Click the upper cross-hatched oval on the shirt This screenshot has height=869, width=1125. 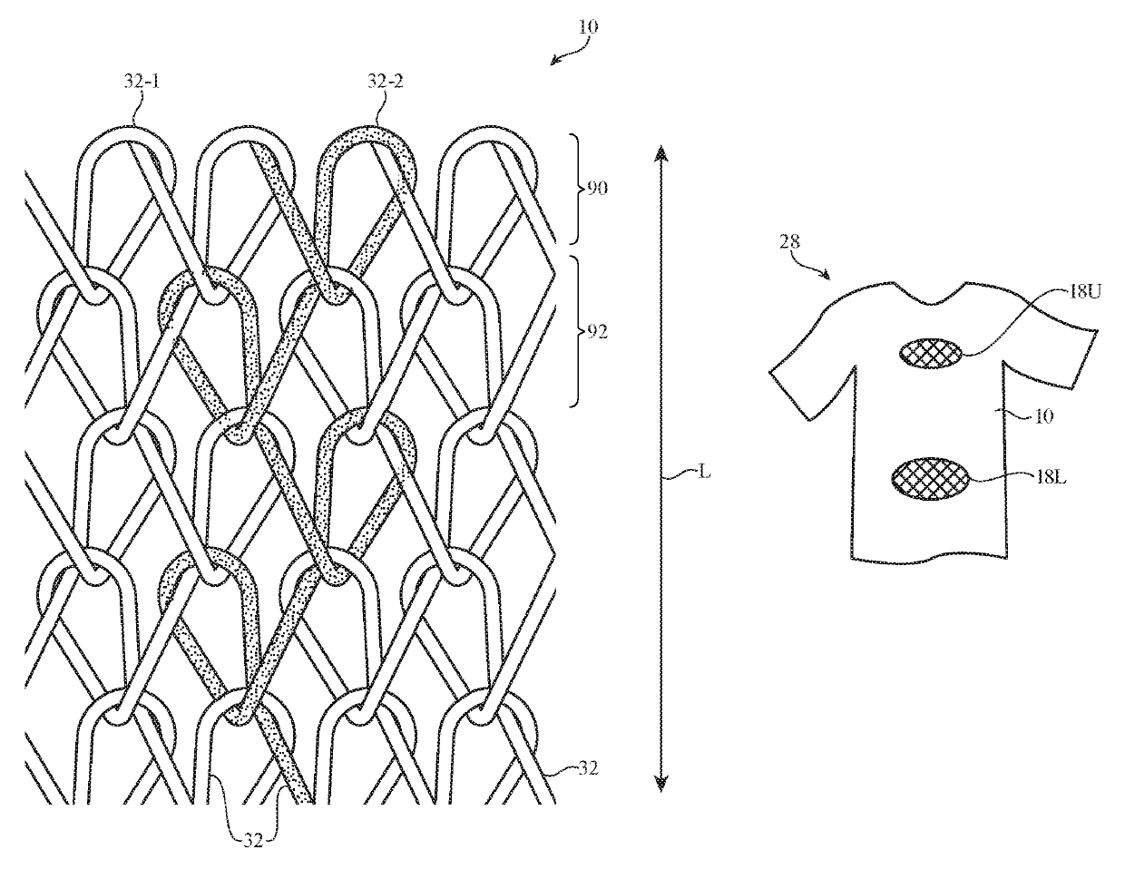pyautogui.click(x=932, y=353)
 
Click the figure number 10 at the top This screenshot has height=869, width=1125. pyautogui.click(x=587, y=27)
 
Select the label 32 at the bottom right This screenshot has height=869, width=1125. pyautogui.click(x=588, y=770)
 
